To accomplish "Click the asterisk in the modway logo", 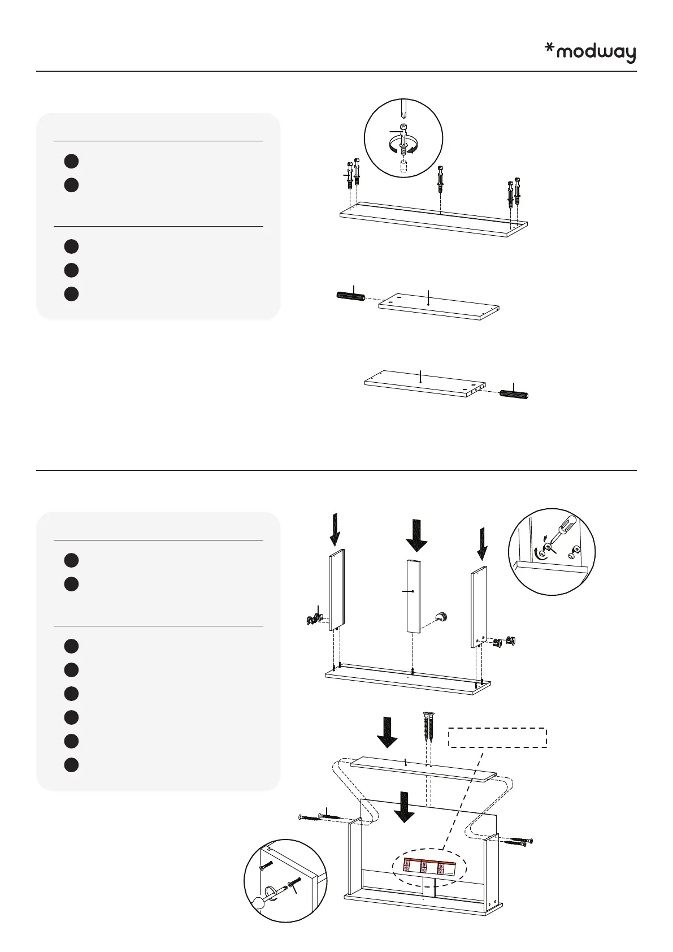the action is coord(549,49).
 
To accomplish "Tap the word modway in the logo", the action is coord(596,53).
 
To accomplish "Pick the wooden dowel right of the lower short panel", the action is coord(514,394).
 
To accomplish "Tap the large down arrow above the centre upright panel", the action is coord(416,535).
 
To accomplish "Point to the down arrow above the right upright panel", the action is coord(483,542).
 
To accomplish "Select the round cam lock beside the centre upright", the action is coord(441,616).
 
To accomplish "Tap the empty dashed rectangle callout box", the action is coord(497,738).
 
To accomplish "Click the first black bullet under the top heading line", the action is coord(71,161).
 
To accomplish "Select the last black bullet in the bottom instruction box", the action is coord(71,765).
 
